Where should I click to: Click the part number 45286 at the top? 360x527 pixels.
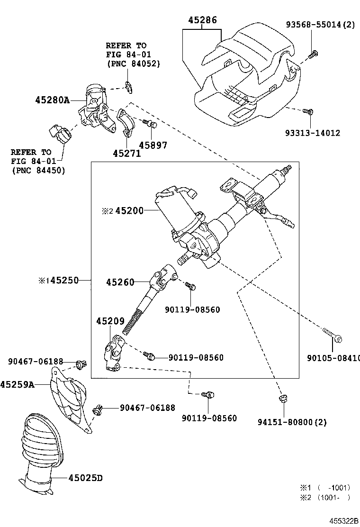pyautogui.click(x=202, y=20)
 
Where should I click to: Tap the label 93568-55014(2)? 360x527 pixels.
pyautogui.click(x=319, y=24)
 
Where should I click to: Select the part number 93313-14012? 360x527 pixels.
pyautogui.click(x=312, y=134)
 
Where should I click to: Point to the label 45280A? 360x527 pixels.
pyautogui.click(x=52, y=100)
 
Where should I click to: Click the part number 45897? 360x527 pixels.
pyautogui.click(x=153, y=145)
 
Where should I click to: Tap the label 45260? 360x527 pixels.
pyautogui.click(x=120, y=282)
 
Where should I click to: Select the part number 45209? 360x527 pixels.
pyautogui.click(x=110, y=321)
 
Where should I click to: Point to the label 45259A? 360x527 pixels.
pyautogui.click(x=17, y=384)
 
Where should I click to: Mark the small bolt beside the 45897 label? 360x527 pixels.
pyautogui.click(x=151, y=124)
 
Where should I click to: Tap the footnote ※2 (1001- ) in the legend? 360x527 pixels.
pyautogui.click(x=324, y=497)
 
